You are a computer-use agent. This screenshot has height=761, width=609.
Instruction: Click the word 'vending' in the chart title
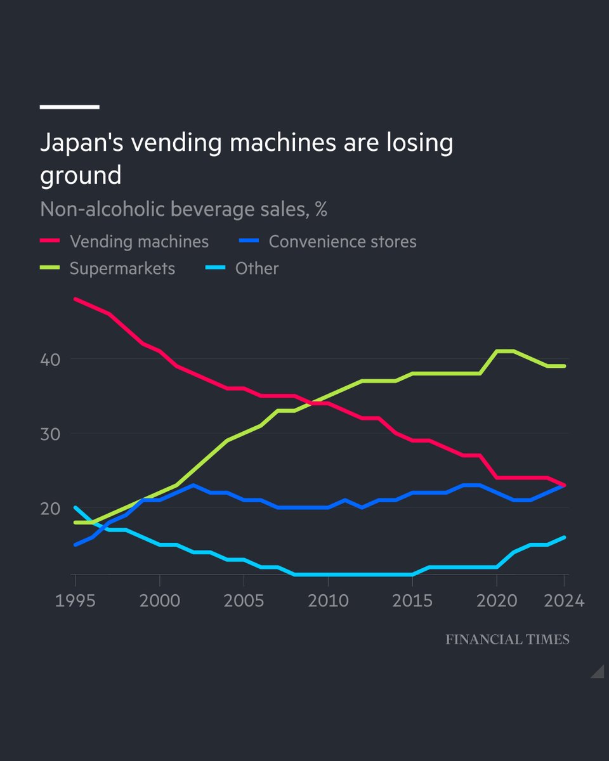(176, 143)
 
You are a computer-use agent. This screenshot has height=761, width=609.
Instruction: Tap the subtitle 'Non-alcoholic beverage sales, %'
(183, 209)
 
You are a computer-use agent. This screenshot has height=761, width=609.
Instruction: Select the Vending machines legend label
(139, 242)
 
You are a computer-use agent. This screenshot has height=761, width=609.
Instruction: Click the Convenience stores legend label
(343, 242)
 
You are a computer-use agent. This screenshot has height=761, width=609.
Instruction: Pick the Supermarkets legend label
(122, 268)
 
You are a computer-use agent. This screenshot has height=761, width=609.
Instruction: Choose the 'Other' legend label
(257, 268)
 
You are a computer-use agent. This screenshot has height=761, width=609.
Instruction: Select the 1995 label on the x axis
(75, 600)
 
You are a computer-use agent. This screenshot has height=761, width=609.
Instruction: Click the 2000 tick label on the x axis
(159, 600)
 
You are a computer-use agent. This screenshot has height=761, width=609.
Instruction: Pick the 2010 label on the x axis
(328, 600)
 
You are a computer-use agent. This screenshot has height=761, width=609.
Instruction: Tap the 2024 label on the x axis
(564, 600)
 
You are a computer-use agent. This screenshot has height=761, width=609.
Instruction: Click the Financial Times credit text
(507, 639)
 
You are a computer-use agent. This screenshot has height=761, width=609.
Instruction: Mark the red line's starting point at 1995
(75, 299)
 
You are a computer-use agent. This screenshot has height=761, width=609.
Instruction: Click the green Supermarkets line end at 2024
(565, 366)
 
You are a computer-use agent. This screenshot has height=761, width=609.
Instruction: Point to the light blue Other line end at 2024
(565, 537)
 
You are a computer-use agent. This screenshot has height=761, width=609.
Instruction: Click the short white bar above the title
(70, 107)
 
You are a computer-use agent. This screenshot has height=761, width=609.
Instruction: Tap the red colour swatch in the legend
(49, 242)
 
